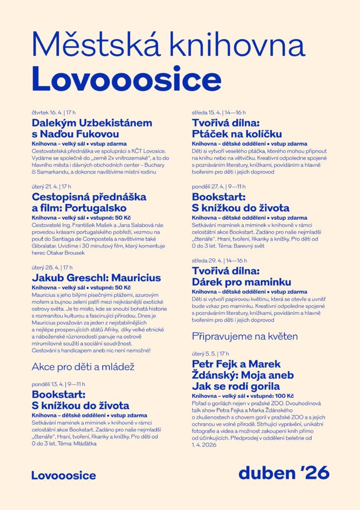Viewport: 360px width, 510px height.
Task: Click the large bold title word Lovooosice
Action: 126,79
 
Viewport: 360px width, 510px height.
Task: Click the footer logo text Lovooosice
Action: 63,476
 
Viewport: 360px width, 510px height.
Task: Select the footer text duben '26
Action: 283,473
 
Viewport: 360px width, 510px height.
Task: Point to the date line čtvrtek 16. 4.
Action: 53,113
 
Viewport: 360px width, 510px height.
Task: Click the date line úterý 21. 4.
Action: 51,186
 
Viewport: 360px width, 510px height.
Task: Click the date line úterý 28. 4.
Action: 52,267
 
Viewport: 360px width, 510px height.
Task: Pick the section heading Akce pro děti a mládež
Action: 83,367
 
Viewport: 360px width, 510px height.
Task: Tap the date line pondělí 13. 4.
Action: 58,384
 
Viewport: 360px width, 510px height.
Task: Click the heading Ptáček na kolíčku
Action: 237,134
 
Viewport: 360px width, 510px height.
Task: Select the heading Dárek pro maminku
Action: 241,281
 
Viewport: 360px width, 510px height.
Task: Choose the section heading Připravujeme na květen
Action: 244,336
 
